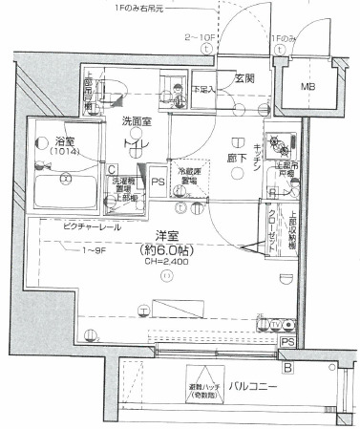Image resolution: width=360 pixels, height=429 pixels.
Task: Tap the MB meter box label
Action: point(308,88)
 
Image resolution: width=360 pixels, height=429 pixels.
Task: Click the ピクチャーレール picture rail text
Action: point(92,228)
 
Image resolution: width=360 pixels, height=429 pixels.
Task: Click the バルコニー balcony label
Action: point(254,386)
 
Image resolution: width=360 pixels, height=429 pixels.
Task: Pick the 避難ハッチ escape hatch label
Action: point(201,386)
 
